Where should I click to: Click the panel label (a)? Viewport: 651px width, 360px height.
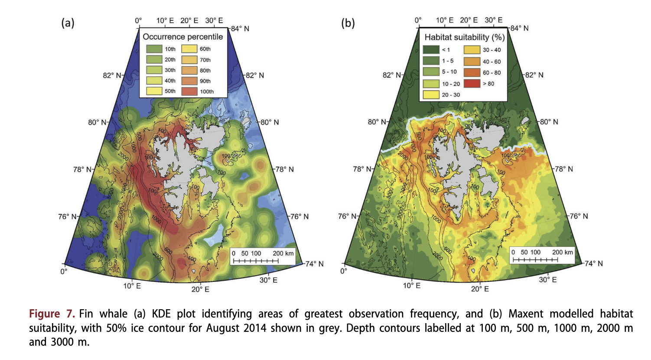pyautogui.click(x=68, y=23)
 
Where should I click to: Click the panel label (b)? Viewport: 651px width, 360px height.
pyautogui.click(x=348, y=23)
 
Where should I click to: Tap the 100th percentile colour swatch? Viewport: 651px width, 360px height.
pyautogui.click(x=189, y=92)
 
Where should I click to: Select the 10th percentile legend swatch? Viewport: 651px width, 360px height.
pyautogui.click(x=154, y=49)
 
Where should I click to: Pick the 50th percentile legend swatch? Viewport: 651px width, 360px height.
pyautogui.click(x=154, y=91)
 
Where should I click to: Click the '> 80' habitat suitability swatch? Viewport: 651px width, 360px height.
pyautogui.click(x=472, y=84)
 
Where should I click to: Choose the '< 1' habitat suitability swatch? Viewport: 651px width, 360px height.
pyautogui.click(x=431, y=50)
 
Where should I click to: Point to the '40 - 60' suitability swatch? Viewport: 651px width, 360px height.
pyautogui.click(x=472, y=62)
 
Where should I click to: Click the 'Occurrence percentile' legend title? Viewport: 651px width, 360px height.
pyautogui.click(x=182, y=37)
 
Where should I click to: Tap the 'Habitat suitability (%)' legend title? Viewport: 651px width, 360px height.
pyautogui.click(x=464, y=37)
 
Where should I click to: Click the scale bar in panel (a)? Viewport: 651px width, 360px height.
pyautogui.click(x=256, y=261)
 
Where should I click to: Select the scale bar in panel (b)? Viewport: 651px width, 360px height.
pyautogui.click(x=535, y=260)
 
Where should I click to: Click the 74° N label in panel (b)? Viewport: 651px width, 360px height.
pyautogui.click(x=593, y=263)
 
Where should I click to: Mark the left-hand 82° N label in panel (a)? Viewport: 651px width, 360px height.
pyautogui.click(x=112, y=75)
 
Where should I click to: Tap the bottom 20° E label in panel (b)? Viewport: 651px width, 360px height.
pyautogui.click(x=480, y=289)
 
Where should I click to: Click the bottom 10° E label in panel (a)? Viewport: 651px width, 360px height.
pyautogui.click(x=132, y=286)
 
